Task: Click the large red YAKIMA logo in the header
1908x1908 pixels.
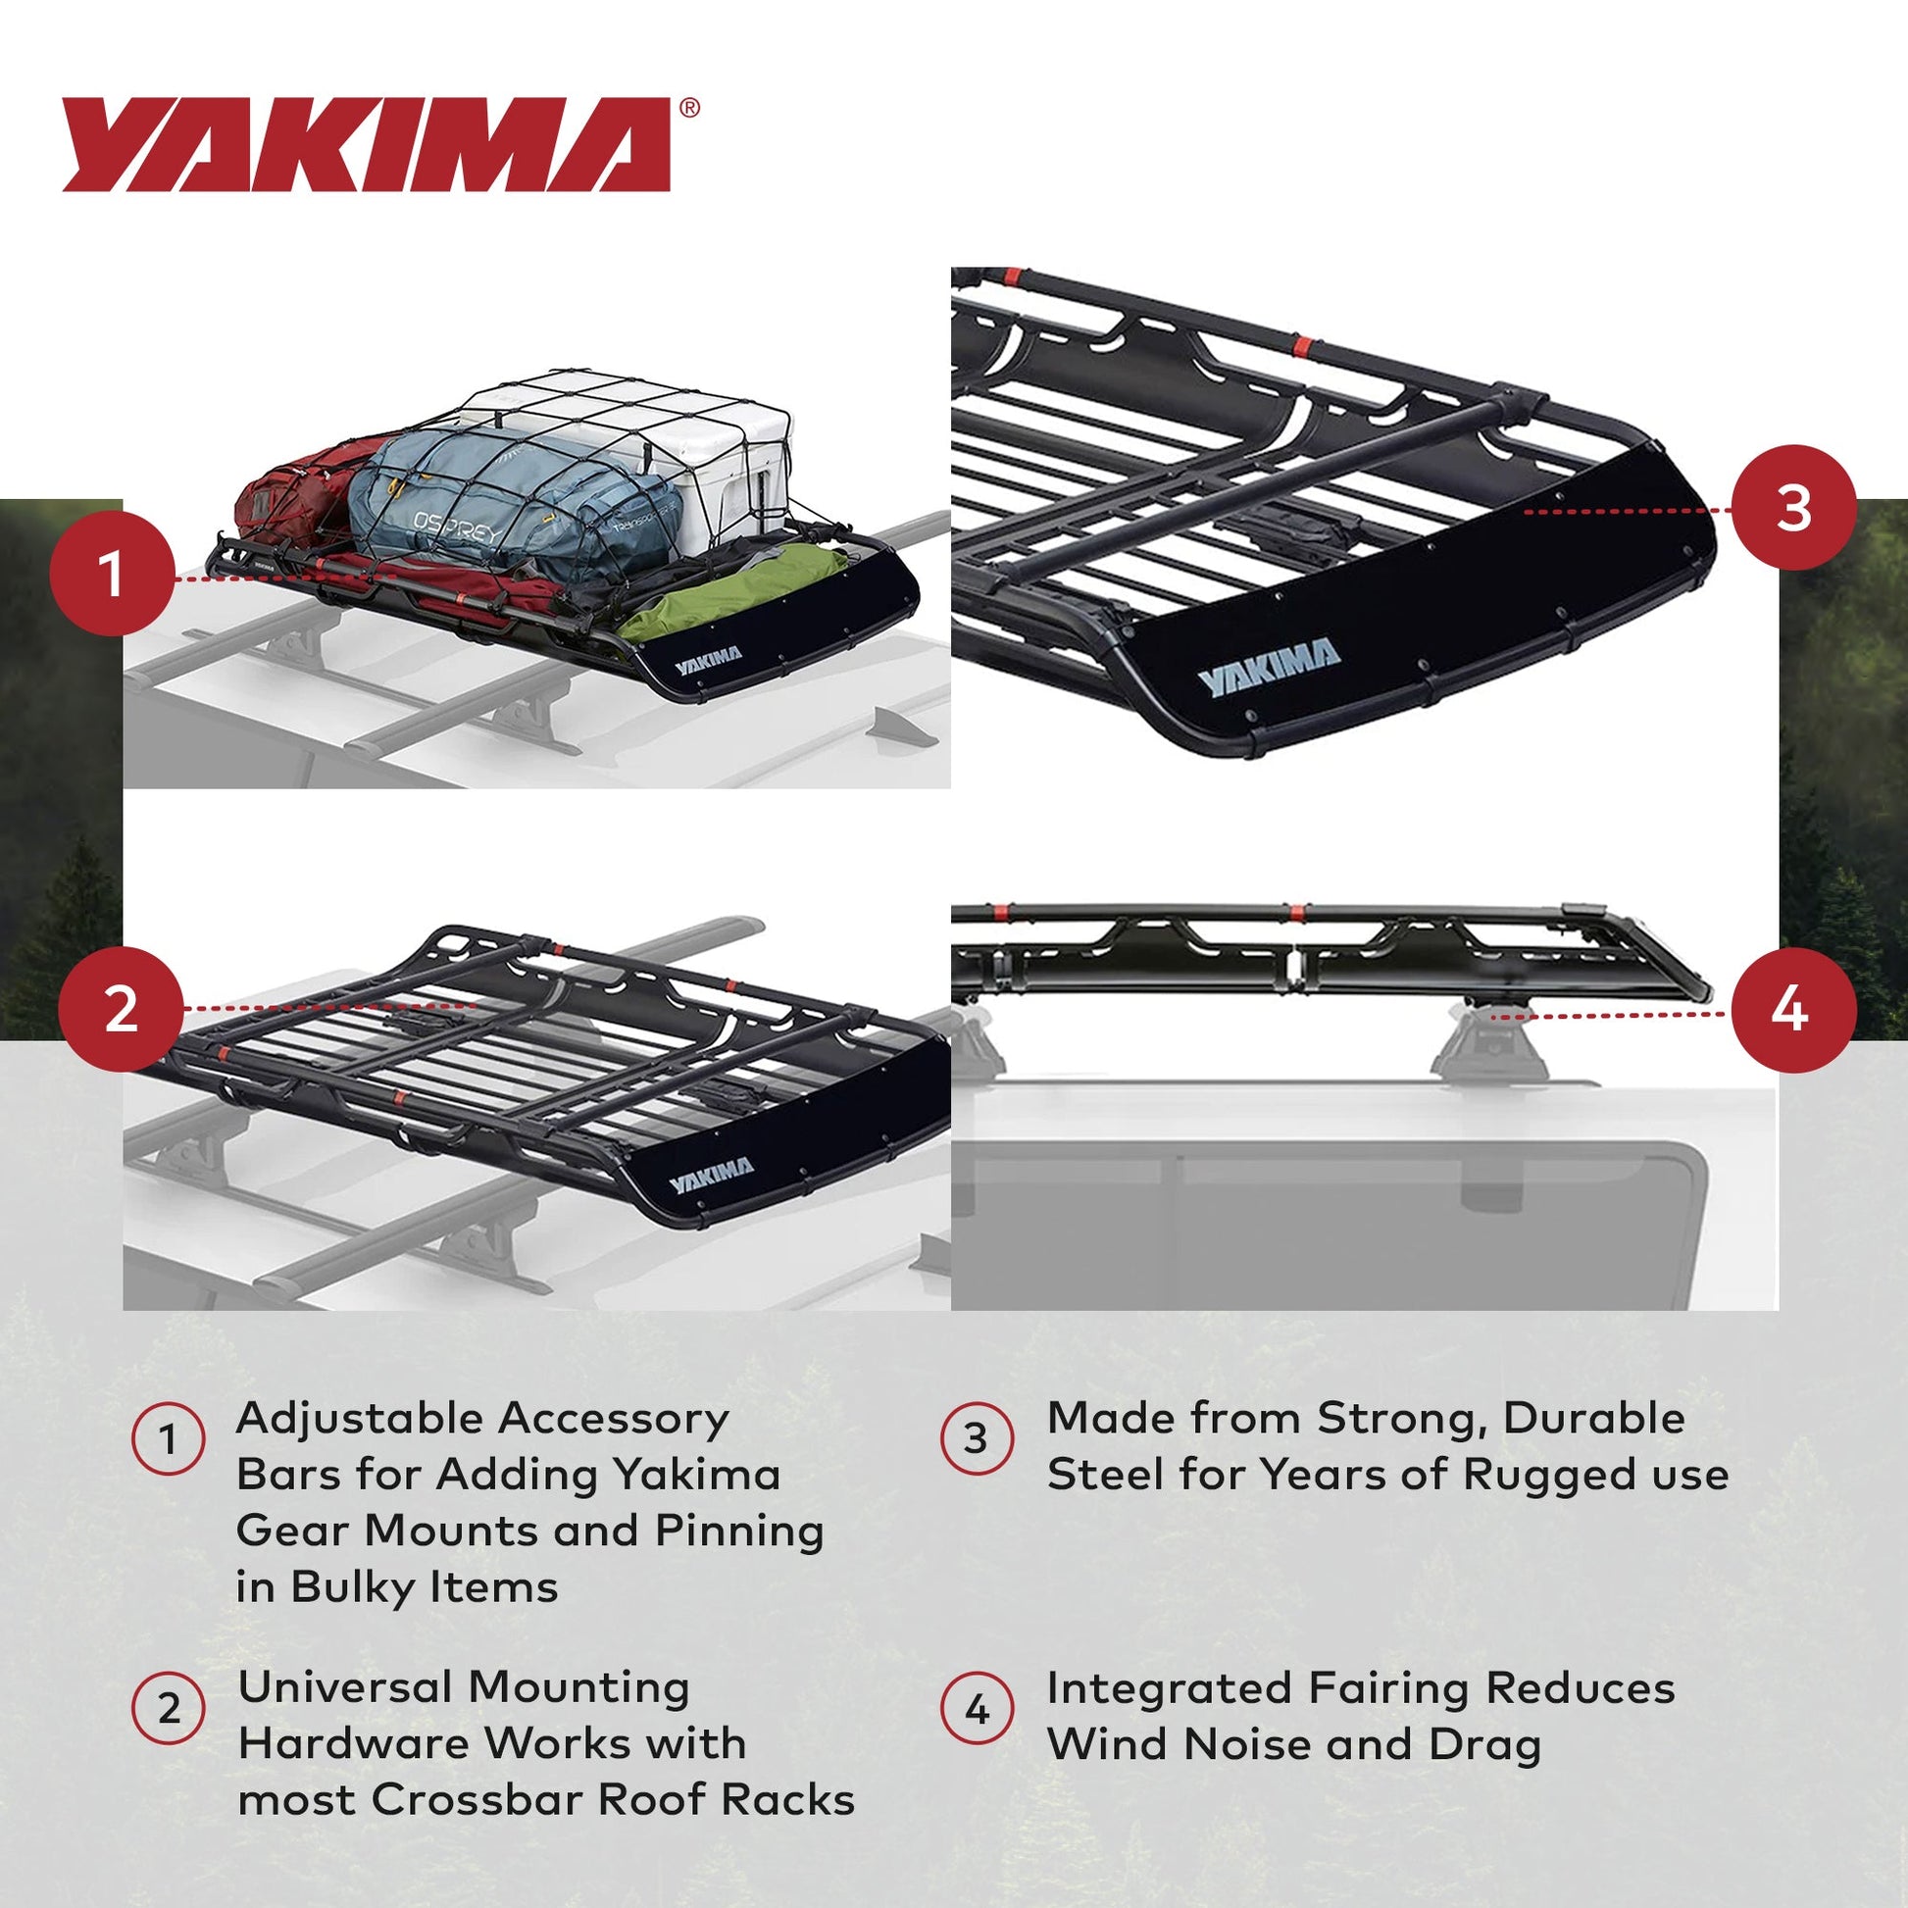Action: click(366, 144)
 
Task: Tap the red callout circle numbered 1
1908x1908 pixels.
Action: click(112, 574)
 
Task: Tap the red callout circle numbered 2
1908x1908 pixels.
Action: click(121, 1008)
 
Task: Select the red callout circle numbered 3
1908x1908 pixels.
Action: click(1793, 508)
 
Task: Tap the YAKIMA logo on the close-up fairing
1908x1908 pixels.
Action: click(1269, 668)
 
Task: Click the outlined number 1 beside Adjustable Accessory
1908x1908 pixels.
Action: click(169, 1439)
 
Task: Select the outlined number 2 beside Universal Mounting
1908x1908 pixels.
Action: click(169, 1709)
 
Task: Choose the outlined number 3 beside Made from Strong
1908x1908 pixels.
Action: click(976, 1439)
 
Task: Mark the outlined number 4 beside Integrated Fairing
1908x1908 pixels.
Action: click(976, 1709)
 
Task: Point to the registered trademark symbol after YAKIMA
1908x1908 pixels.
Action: click(689, 108)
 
